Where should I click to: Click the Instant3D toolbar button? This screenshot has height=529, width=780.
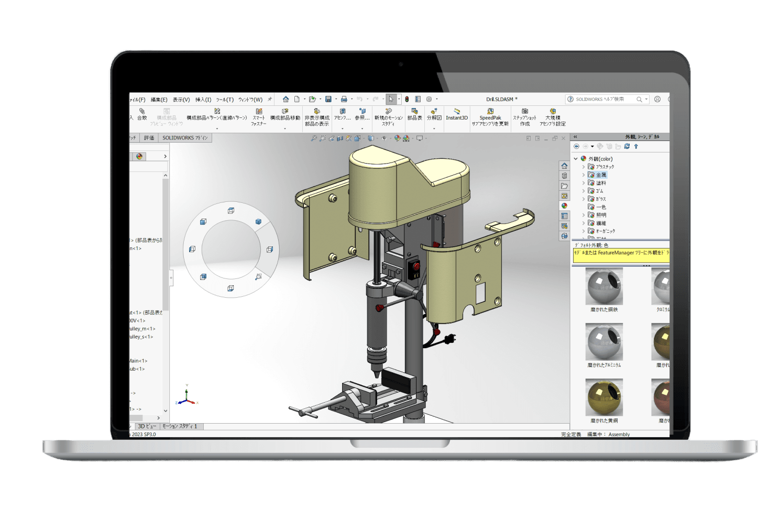tap(456, 114)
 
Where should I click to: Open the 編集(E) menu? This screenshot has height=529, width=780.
tap(159, 100)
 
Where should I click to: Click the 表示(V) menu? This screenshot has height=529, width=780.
tap(181, 100)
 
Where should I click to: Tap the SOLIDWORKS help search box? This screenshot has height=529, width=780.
tap(602, 99)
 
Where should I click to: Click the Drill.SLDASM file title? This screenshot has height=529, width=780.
tap(501, 99)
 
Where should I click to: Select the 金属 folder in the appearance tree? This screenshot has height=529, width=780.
tap(600, 175)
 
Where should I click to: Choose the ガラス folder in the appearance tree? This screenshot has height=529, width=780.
tap(600, 199)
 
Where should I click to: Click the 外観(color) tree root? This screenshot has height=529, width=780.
tap(600, 159)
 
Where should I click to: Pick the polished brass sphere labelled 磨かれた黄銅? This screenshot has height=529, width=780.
tap(604, 397)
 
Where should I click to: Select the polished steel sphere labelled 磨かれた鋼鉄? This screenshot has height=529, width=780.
tap(604, 286)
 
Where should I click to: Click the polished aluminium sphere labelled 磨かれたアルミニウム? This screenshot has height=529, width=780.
tap(604, 341)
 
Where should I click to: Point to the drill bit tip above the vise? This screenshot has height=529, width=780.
tap(376, 375)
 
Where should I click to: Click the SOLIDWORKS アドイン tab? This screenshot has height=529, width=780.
tap(185, 138)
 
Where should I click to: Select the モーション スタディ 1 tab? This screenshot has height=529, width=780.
tap(180, 426)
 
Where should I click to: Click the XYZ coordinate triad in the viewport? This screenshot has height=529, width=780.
tap(186, 397)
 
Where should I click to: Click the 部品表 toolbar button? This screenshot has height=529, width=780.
tap(414, 114)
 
